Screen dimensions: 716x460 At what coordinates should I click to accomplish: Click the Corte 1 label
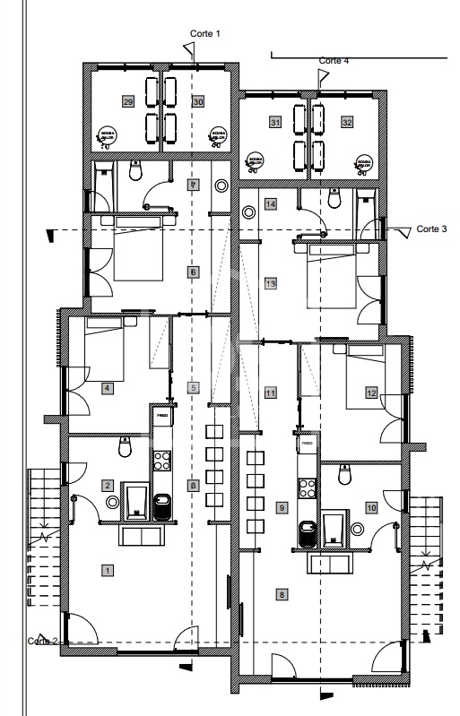(x=204, y=32)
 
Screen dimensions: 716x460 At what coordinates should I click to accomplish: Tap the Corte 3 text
(x=431, y=229)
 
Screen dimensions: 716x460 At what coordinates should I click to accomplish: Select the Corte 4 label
(x=334, y=60)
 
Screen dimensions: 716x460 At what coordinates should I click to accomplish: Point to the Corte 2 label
(x=42, y=640)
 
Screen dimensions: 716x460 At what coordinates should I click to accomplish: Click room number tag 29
(x=128, y=103)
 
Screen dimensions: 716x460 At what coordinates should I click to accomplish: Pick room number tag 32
(x=346, y=121)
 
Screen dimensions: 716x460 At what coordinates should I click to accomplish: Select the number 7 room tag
(x=192, y=185)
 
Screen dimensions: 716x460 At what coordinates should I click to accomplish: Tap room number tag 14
(x=269, y=205)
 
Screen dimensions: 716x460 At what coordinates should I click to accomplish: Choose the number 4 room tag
(x=107, y=388)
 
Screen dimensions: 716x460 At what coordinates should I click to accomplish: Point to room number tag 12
(x=369, y=392)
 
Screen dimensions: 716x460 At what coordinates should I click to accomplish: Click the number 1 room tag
(x=107, y=569)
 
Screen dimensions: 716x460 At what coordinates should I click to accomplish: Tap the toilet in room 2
(x=125, y=445)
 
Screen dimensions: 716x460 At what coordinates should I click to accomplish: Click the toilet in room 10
(x=343, y=476)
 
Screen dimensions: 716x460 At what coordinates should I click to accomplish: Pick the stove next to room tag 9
(x=307, y=488)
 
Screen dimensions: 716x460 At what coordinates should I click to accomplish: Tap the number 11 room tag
(x=269, y=393)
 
